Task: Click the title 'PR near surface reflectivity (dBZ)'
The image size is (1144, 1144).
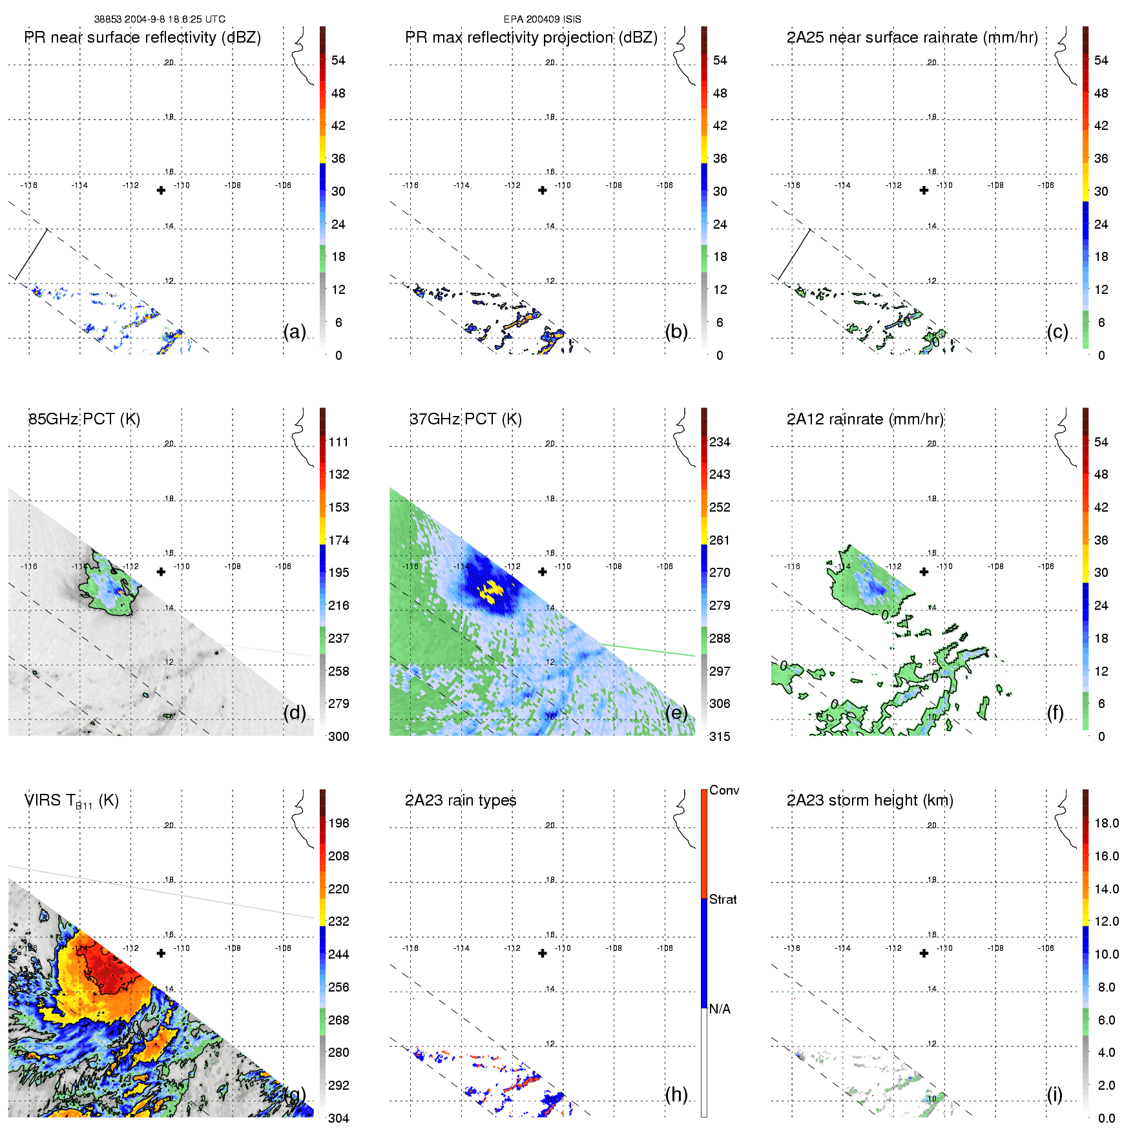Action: pos(142,37)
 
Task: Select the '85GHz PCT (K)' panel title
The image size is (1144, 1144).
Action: pos(84,419)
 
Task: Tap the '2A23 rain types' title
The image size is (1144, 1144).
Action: pos(461,800)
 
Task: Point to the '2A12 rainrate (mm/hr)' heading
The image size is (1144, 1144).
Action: pos(865,419)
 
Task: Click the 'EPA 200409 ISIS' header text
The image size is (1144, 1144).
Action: pos(542,19)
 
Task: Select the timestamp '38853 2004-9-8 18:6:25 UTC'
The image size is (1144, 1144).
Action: pos(160,19)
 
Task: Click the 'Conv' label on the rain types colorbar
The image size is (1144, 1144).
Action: pos(724,790)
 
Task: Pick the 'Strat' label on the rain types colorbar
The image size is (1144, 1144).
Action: pos(723,899)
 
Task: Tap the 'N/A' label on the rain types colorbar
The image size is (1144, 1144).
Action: pos(720,1009)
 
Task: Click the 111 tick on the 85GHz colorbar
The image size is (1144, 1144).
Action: pos(338,442)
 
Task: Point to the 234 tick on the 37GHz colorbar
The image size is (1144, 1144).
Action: pos(720,442)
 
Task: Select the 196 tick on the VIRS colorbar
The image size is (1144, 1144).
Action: pos(338,823)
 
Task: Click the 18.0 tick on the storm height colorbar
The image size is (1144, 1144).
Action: pos(1107,823)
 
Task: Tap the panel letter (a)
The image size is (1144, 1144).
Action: pos(295,331)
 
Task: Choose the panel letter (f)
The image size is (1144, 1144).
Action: pos(1056,712)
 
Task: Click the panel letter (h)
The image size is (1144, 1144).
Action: pos(676,1094)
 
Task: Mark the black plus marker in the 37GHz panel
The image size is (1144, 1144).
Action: pos(543,572)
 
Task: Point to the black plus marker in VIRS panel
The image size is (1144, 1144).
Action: pos(161,953)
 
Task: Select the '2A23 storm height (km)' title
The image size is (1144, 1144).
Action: pos(869,800)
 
